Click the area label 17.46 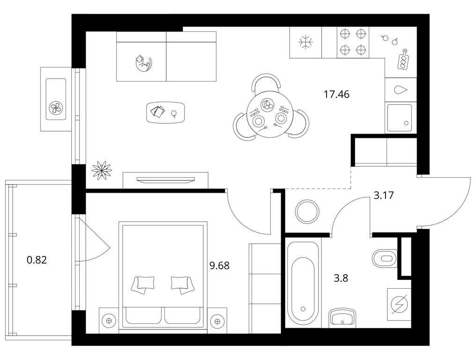click(x=337, y=95)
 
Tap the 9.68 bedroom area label click(x=219, y=266)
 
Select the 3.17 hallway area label click(x=384, y=195)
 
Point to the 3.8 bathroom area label click(x=341, y=278)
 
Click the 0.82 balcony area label click(x=37, y=260)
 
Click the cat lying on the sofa click(x=143, y=63)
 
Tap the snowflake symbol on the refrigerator click(x=305, y=42)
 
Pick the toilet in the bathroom click(x=385, y=259)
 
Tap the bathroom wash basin click(x=342, y=317)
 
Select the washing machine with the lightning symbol click(x=399, y=304)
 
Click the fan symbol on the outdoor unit click(x=56, y=107)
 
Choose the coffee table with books click(x=166, y=112)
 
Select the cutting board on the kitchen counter click(x=403, y=60)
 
